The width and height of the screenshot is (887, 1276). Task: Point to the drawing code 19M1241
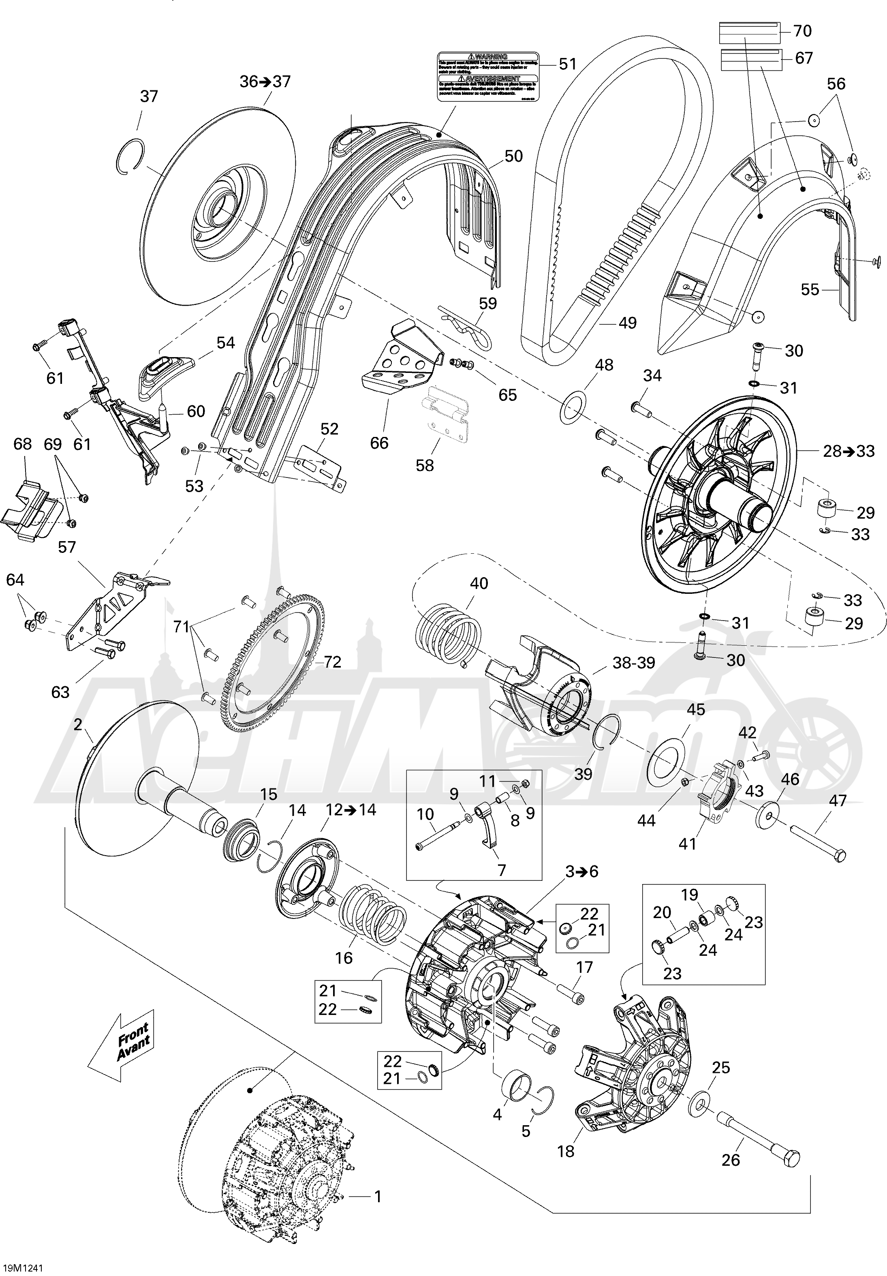[22, 1265]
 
